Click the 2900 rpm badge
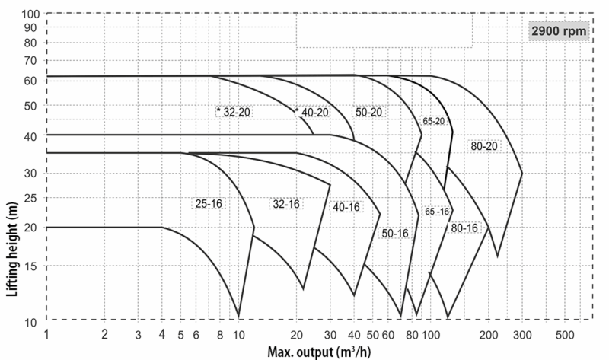pyautogui.click(x=559, y=31)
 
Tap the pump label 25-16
pyautogui.click(x=209, y=203)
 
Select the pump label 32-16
pyautogui.click(x=286, y=204)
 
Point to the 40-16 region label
pyautogui.click(x=346, y=207)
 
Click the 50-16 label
pyautogui.click(x=395, y=233)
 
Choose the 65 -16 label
pyautogui.click(x=437, y=212)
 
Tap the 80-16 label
pyautogui.click(x=464, y=228)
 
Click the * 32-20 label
pyautogui.click(x=234, y=112)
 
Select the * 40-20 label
pyautogui.click(x=312, y=112)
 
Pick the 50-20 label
pyautogui.click(x=369, y=112)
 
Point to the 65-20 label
pyautogui.click(x=433, y=121)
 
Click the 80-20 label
pyautogui.click(x=484, y=146)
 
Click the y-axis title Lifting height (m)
pyautogui.click(x=12, y=250)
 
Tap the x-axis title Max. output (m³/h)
pyautogui.click(x=319, y=352)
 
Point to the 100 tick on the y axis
pyautogui.click(x=30, y=14)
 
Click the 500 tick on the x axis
pyautogui.click(x=564, y=335)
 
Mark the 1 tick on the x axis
pyautogui.click(x=46, y=334)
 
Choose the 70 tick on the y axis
pyautogui.click(x=30, y=61)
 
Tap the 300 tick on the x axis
pyautogui.click(x=522, y=335)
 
